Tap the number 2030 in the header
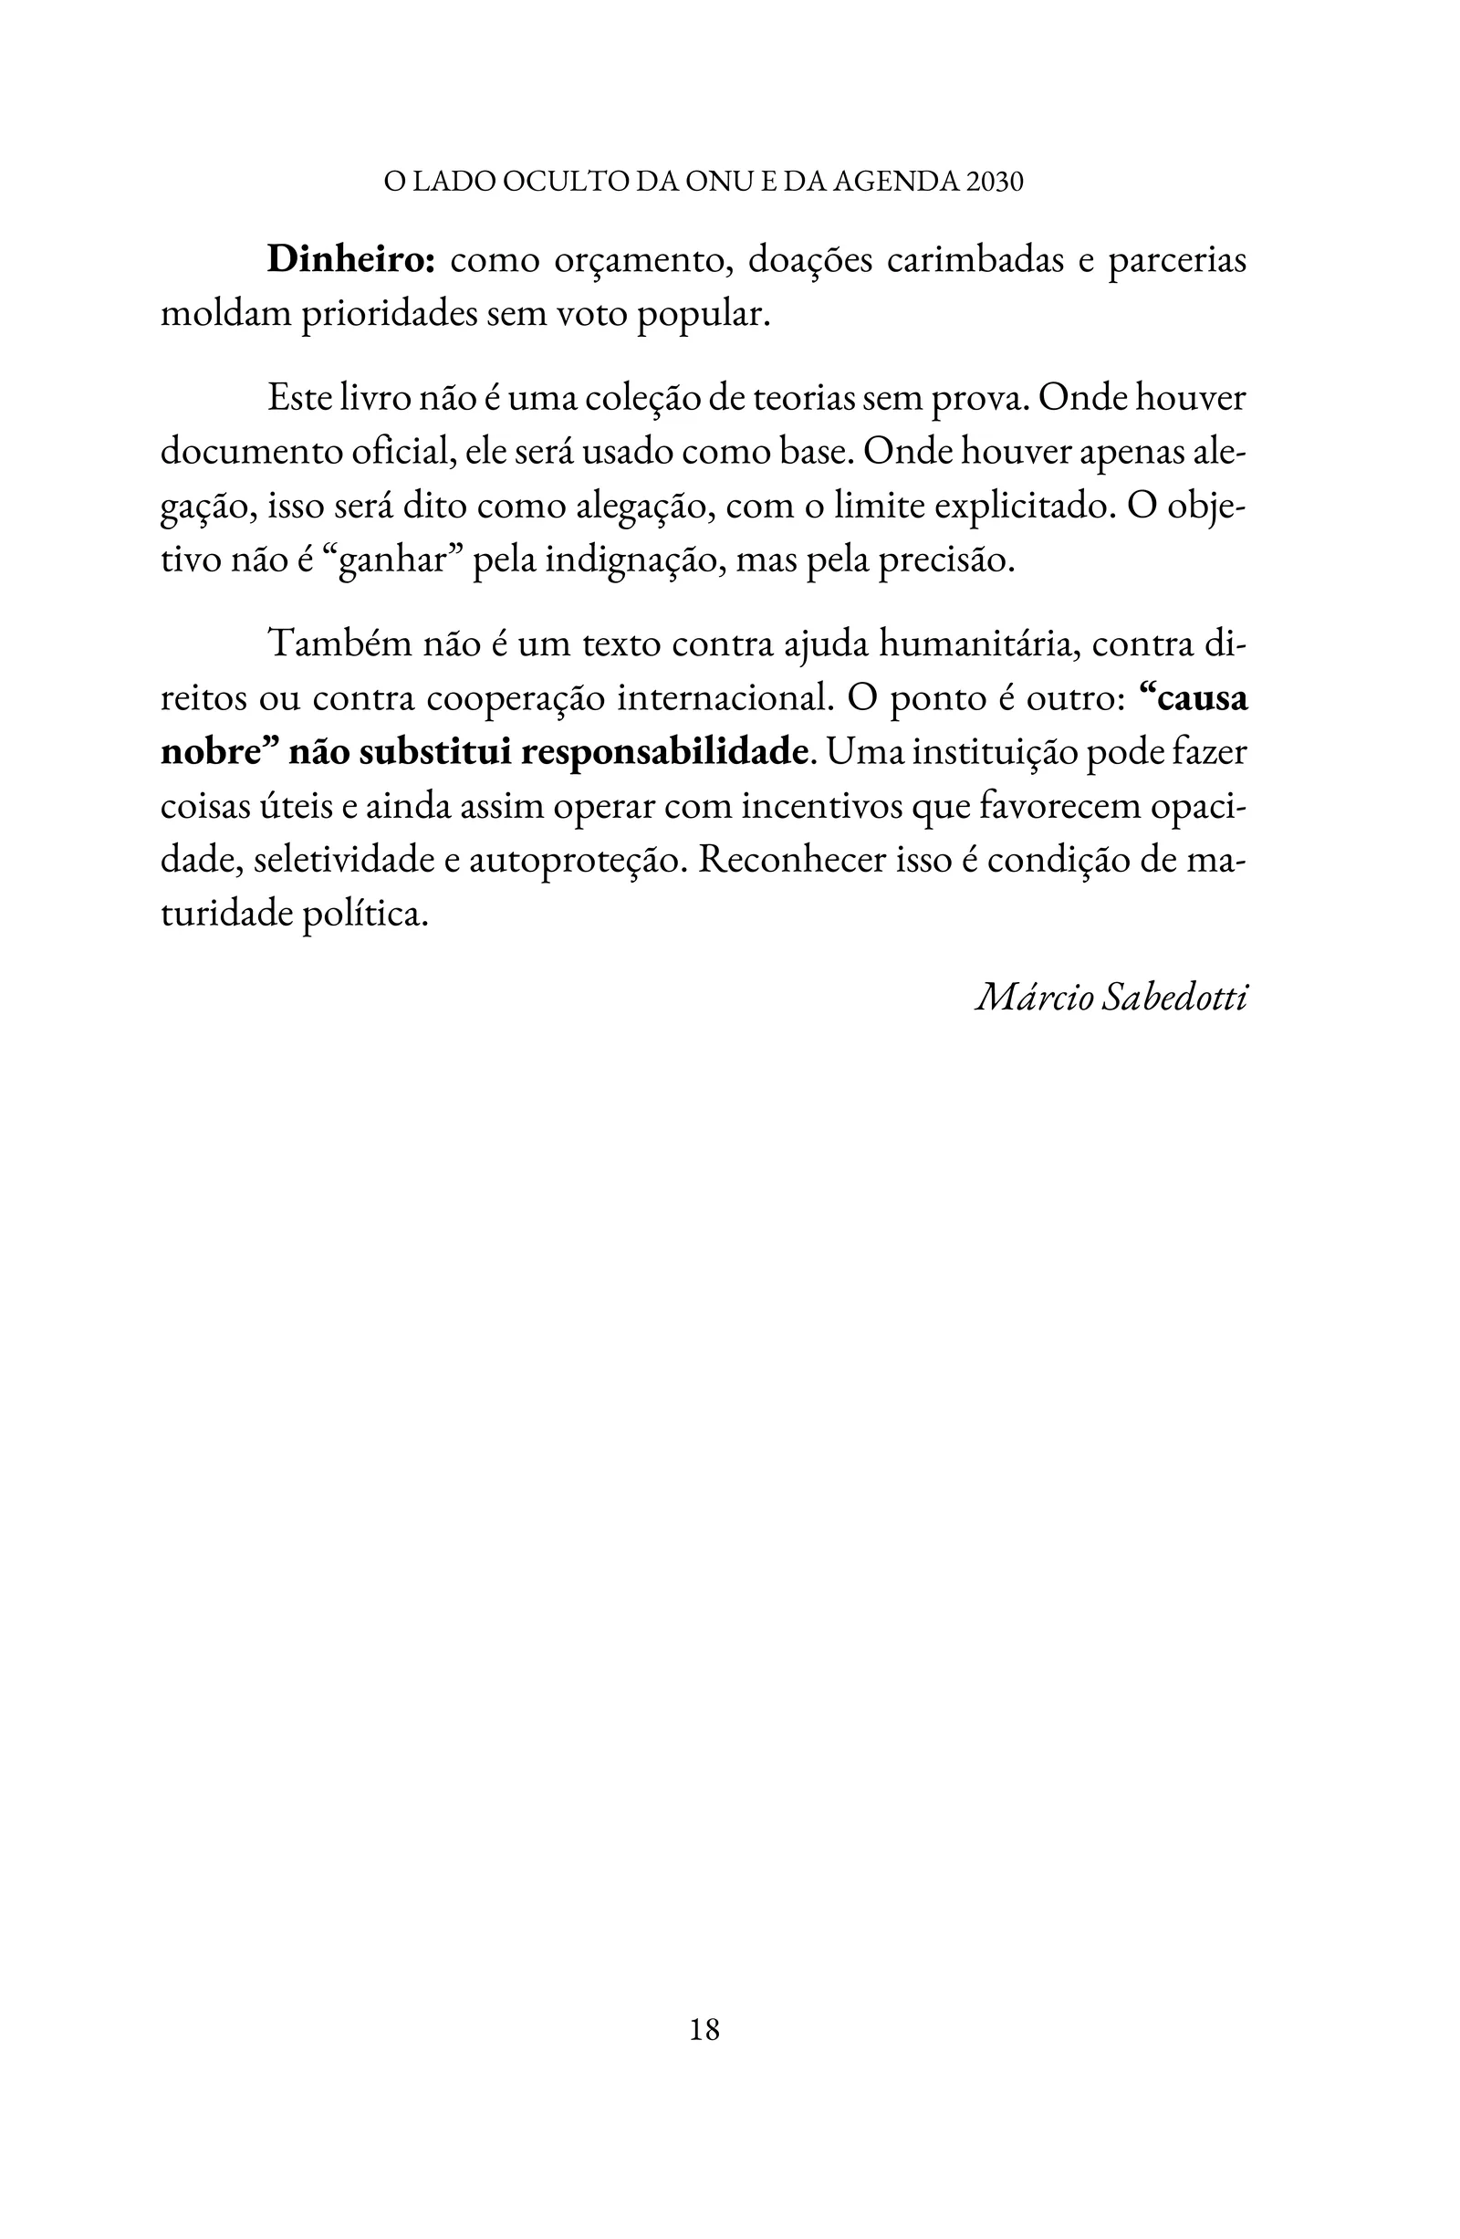coord(995,182)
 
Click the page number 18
coord(704,2029)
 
